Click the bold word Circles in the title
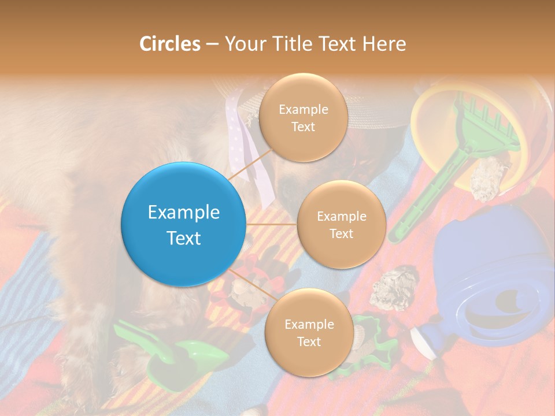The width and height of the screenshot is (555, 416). [169, 44]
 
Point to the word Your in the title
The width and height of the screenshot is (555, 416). [242, 44]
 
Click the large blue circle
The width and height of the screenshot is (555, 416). [183, 225]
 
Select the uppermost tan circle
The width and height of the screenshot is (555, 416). [303, 117]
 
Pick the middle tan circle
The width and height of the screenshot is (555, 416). [341, 224]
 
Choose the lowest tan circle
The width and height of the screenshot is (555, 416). [309, 332]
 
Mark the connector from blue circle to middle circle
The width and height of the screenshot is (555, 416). [271, 224]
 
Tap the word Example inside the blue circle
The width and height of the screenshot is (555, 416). [183, 213]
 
